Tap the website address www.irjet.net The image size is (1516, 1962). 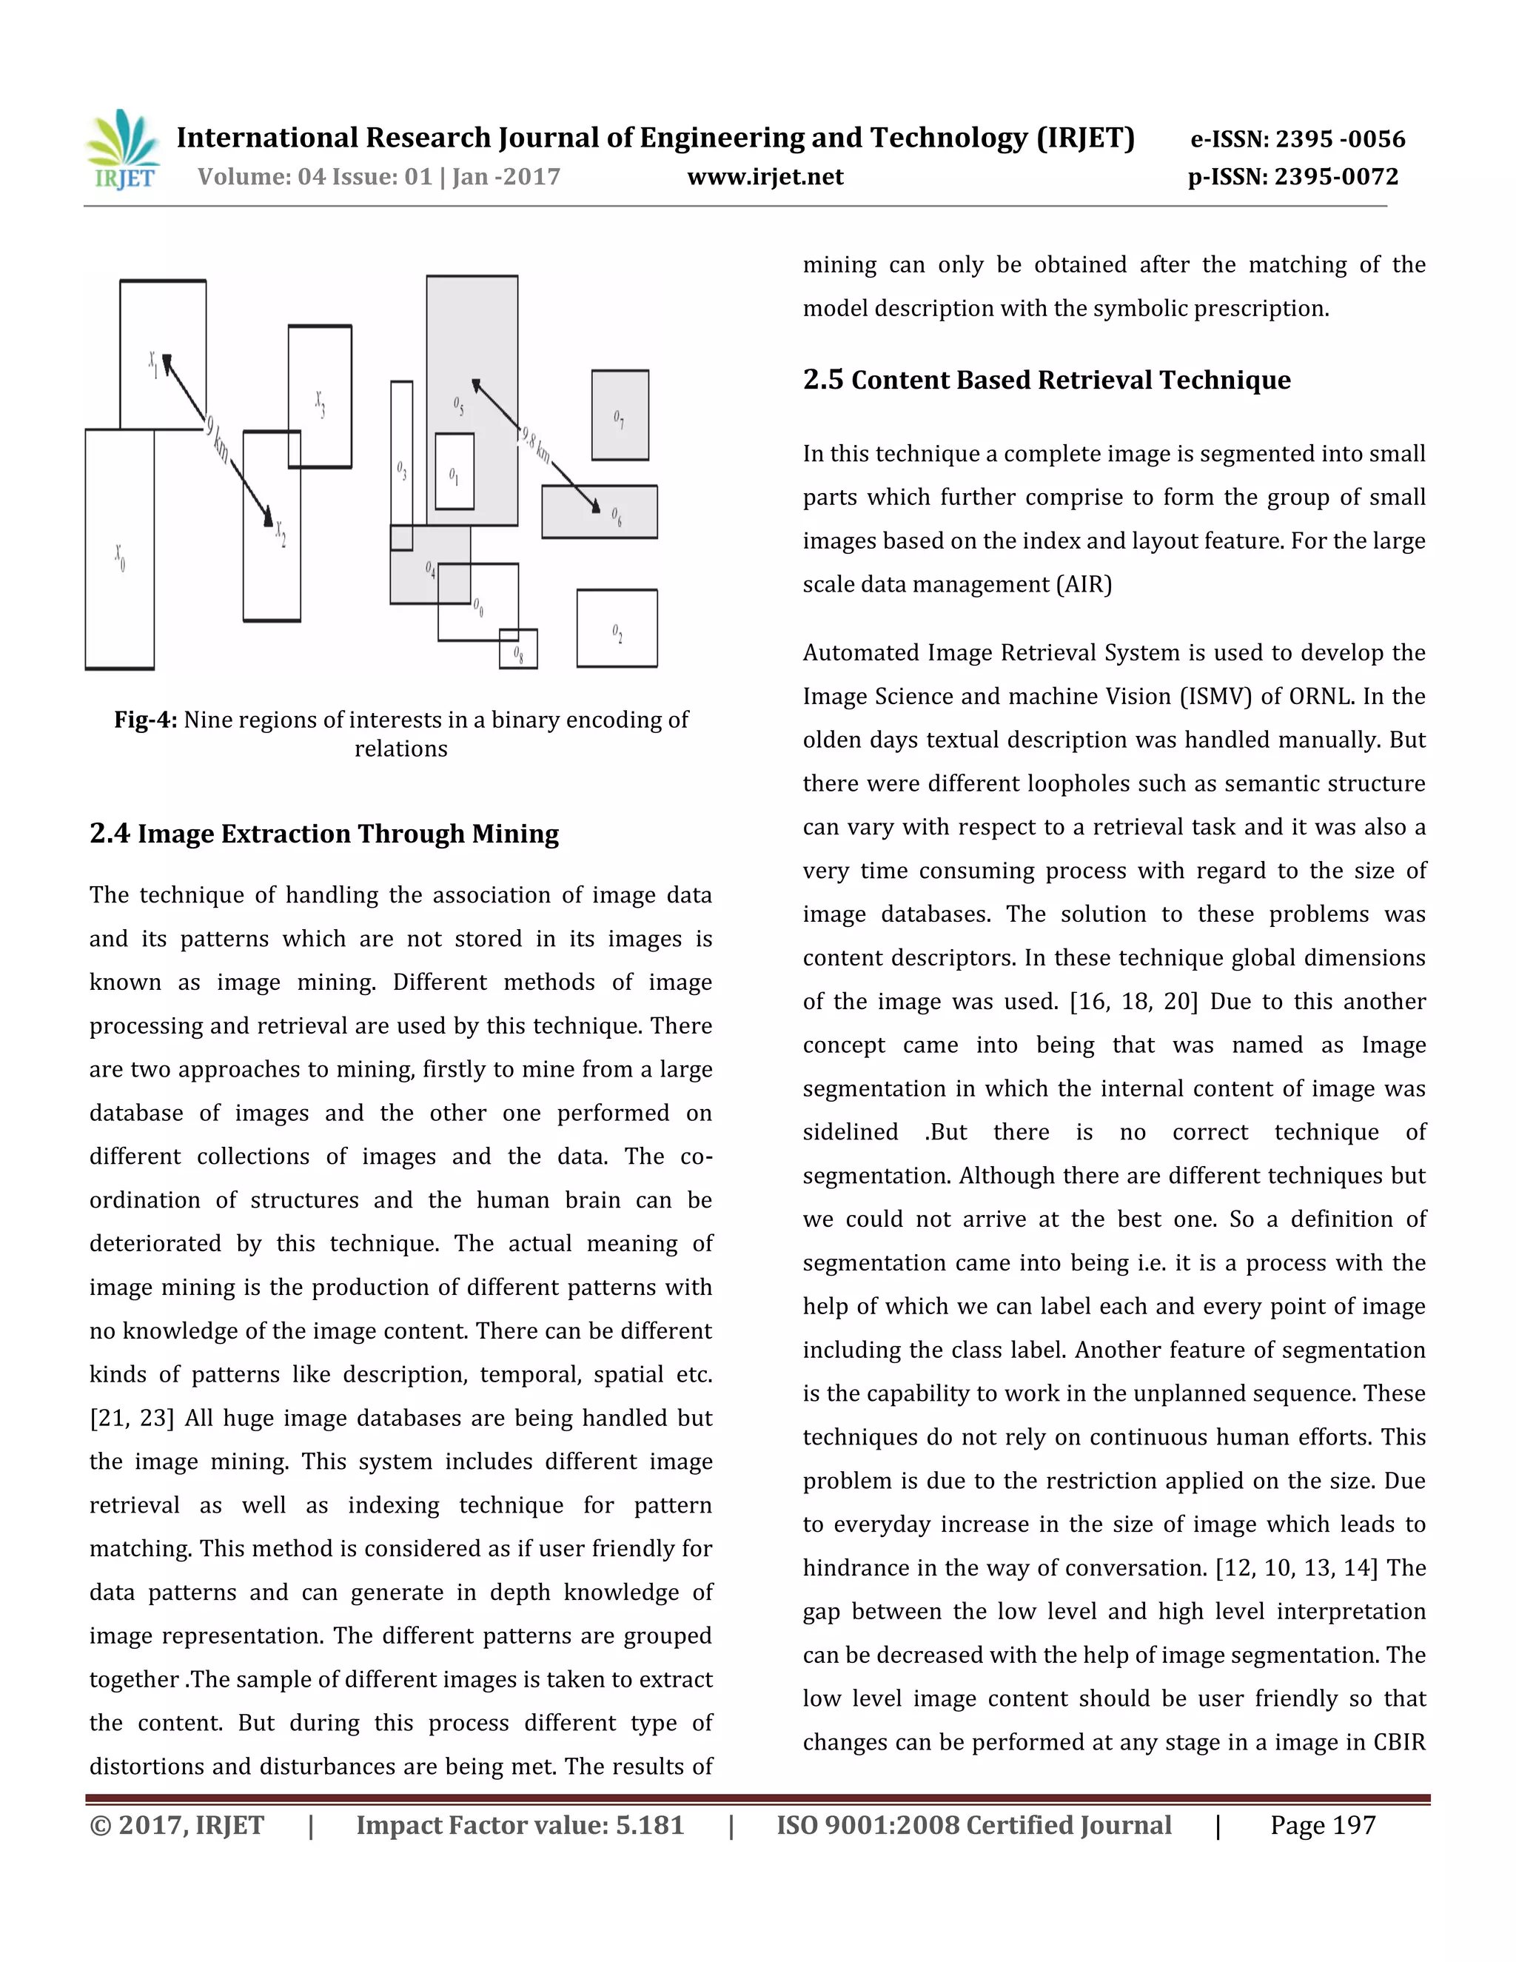pos(765,177)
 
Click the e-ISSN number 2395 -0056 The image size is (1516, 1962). pos(1340,139)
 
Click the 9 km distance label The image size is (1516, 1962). pos(216,441)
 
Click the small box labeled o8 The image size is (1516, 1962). pos(518,649)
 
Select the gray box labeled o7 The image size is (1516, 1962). pos(620,415)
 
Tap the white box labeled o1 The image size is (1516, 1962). pos(455,472)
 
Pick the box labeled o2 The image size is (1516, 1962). pos(617,628)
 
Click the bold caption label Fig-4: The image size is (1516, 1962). pos(146,720)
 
